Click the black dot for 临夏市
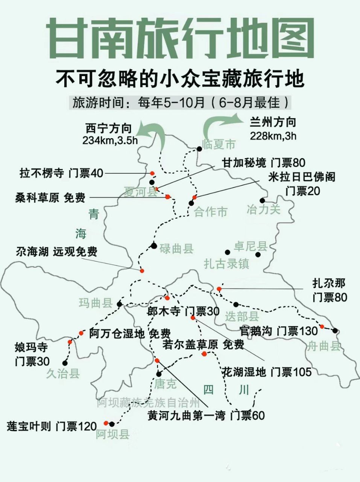(199, 148)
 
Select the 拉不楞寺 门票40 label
(61, 173)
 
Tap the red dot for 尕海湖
(142, 271)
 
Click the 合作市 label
(211, 212)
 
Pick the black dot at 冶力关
(262, 200)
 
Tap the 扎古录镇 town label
(226, 263)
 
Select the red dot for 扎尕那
(219, 289)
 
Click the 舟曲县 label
(324, 346)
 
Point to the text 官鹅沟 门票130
(279, 331)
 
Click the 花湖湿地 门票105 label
(267, 372)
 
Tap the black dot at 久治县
(65, 363)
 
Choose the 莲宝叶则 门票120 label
(52, 426)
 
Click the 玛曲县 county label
(96, 303)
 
